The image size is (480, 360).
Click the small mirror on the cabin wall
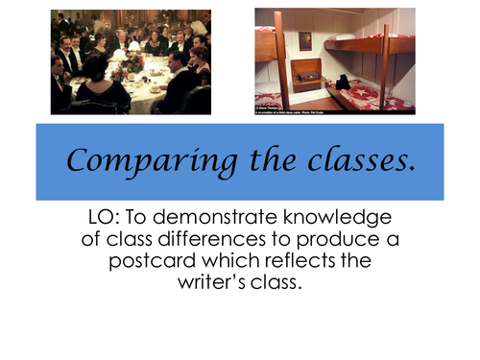(305, 40)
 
